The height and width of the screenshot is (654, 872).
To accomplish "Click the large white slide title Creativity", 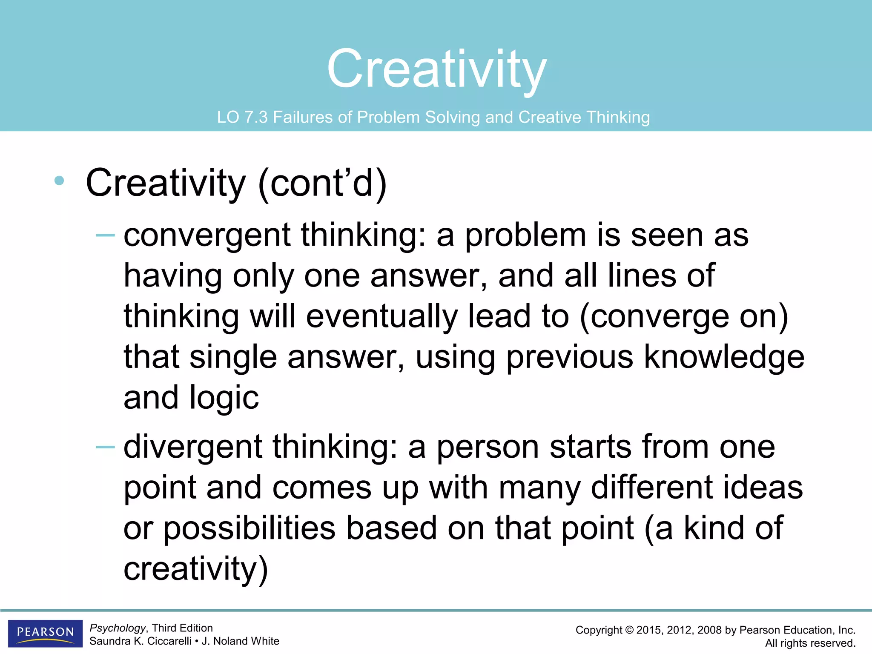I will point(437,69).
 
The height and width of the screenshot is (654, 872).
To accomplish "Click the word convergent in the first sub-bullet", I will point(207,235).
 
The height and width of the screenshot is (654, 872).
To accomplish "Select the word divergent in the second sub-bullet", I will point(192,447).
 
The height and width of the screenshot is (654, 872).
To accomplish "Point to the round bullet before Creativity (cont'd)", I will point(59,181).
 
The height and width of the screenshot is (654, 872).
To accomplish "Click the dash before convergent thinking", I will point(105,235).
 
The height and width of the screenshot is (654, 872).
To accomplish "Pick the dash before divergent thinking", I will point(105,447).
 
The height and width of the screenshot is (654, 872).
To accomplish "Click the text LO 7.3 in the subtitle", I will point(242,117).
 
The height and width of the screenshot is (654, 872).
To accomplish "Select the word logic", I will point(224,398).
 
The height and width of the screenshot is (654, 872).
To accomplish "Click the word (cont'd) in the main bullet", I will point(322,183).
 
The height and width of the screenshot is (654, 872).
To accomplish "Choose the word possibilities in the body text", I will point(250,528).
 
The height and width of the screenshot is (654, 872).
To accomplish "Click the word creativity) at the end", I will point(196,569).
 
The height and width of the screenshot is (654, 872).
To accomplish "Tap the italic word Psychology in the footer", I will point(118,628).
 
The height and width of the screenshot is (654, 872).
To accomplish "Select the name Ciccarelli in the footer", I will point(169,641).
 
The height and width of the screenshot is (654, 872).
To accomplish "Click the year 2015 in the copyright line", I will point(648,630).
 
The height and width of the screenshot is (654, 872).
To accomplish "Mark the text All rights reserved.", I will point(810,643).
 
